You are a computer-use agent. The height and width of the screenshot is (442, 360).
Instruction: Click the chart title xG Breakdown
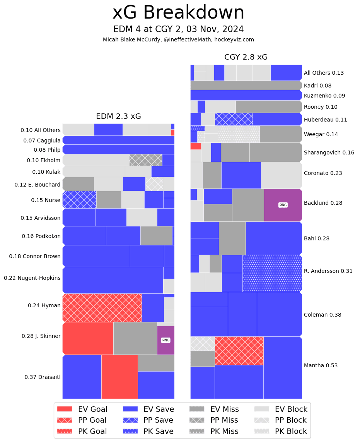click(178, 13)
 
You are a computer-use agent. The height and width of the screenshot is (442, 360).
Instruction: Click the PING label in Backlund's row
click(283, 205)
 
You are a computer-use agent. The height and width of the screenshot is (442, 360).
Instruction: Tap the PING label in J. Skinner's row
click(165, 340)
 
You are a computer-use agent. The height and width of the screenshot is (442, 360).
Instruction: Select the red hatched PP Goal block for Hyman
click(102, 308)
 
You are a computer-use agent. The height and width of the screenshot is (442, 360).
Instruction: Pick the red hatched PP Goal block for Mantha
click(239, 351)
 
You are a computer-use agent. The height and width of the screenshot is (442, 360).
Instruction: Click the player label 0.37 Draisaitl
click(43, 377)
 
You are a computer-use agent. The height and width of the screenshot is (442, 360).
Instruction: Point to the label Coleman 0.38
click(322, 315)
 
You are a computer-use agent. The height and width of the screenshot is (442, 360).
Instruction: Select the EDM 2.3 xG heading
click(118, 116)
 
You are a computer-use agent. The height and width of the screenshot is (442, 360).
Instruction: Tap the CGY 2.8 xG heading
click(246, 57)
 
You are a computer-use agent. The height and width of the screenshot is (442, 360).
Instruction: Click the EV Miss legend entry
click(214, 409)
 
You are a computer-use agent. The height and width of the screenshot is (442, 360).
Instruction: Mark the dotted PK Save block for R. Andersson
click(272, 273)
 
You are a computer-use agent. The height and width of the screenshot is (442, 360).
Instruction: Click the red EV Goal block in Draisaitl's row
click(119, 377)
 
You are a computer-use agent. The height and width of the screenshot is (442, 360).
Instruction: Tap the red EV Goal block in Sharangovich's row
click(196, 146)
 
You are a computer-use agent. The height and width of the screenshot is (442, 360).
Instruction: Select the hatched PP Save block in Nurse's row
click(79, 200)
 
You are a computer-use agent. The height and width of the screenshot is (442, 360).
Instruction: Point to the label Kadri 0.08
click(317, 86)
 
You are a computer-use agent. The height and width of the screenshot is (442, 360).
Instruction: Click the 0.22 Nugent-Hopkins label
click(32, 278)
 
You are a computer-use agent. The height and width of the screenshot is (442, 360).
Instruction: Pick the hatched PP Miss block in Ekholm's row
click(145, 160)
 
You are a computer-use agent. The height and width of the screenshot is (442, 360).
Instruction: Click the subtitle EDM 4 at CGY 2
click(178, 29)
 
